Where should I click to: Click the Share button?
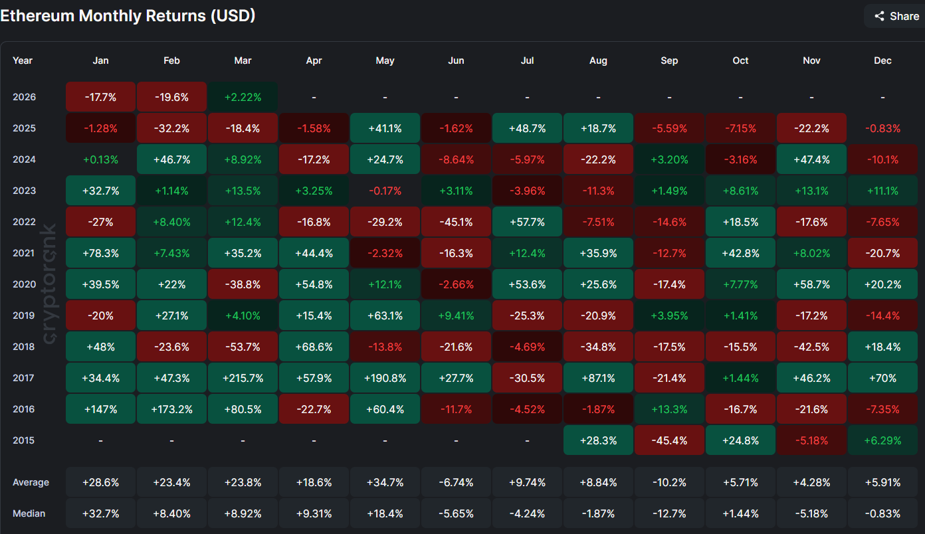(896, 16)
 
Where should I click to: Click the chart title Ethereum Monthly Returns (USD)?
(128, 16)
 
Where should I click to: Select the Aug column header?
(598, 60)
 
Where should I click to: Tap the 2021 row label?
(24, 253)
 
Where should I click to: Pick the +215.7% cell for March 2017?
(243, 378)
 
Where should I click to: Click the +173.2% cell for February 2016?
(171, 409)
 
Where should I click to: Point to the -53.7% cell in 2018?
(243, 347)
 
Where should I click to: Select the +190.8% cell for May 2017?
(385, 378)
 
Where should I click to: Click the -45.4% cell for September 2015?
(669, 440)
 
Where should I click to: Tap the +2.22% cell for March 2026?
(243, 97)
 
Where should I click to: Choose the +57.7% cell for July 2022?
(527, 222)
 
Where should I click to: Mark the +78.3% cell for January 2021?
(100, 253)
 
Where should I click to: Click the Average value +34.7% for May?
(385, 482)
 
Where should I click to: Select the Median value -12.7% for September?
(669, 513)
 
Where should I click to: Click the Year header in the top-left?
(23, 60)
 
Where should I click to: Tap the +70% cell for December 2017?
(882, 378)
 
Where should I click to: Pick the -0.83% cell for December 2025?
(882, 128)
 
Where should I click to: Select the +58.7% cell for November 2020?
(811, 284)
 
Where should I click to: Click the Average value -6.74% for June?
(456, 482)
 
